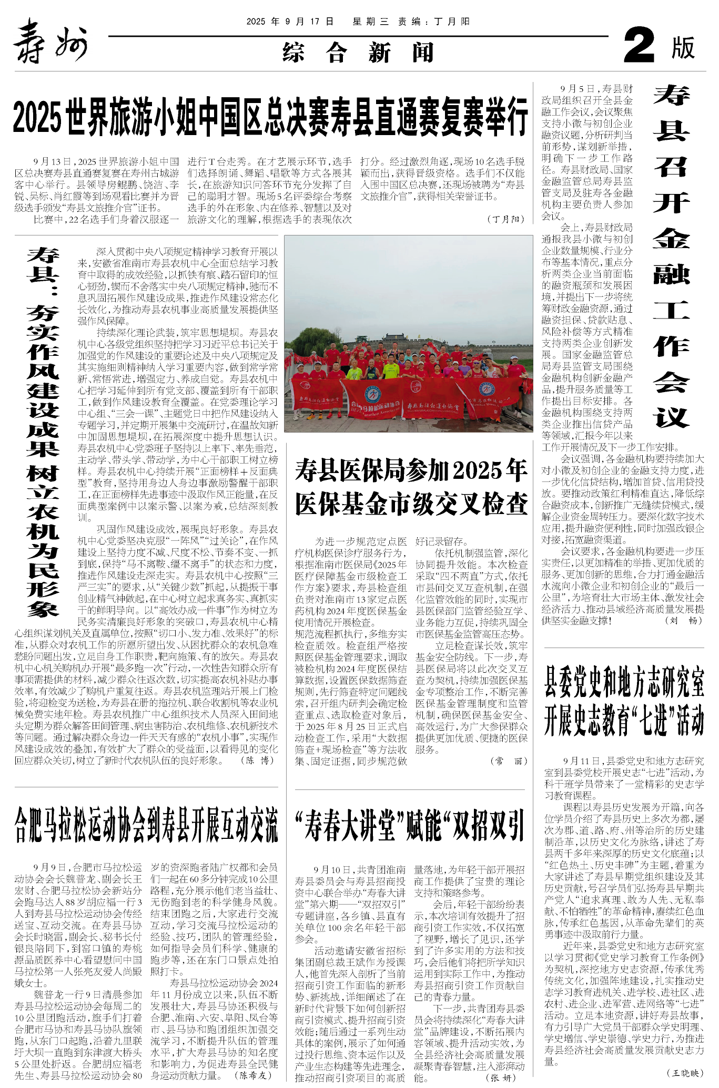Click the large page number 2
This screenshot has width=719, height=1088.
pos(639,46)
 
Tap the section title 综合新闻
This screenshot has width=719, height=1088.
pos(358,53)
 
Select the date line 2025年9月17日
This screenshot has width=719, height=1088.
pos(290,22)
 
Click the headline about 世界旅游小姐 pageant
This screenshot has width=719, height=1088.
pos(270,117)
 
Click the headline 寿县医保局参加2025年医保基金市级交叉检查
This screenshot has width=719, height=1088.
pos(411,487)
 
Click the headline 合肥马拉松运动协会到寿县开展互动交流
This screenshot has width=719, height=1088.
pos(146,825)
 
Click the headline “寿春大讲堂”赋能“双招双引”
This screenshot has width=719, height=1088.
pos(410,825)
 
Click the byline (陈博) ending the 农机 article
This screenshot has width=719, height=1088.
pos(258,760)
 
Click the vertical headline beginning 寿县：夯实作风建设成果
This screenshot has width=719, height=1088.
pos(43,431)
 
